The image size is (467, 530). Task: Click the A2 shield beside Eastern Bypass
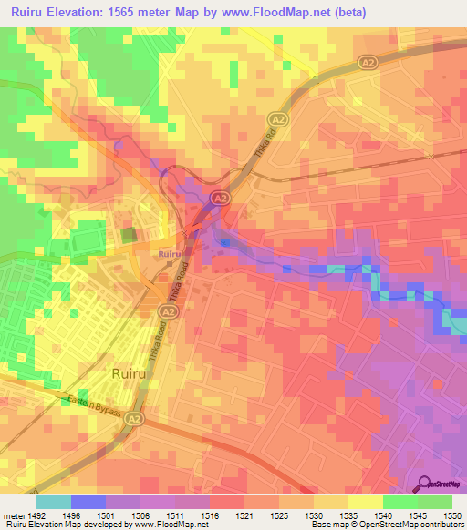(x=134, y=418)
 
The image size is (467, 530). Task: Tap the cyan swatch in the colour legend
(x=53, y=502)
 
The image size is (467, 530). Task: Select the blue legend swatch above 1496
(x=88, y=502)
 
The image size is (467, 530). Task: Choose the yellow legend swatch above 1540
(x=365, y=502)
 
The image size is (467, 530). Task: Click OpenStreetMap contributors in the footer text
(x=411, y=525)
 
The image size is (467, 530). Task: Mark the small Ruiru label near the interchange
(x=168, y=254)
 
